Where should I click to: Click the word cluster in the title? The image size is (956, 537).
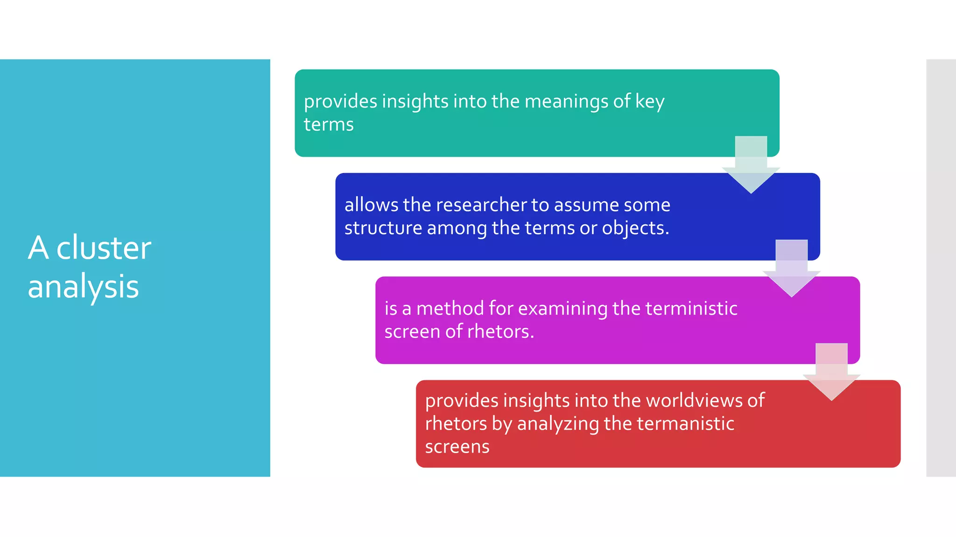pos(104,248)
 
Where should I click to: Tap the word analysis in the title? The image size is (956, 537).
pos(83,287)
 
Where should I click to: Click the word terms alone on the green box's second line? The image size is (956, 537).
pos(329,125)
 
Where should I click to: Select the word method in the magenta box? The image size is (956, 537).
pos(450,309)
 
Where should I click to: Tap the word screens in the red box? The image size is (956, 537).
pos(457,447)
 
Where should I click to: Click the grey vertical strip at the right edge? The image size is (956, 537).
pos(941,268)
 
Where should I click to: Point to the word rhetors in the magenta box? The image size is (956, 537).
pos(500,332)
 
